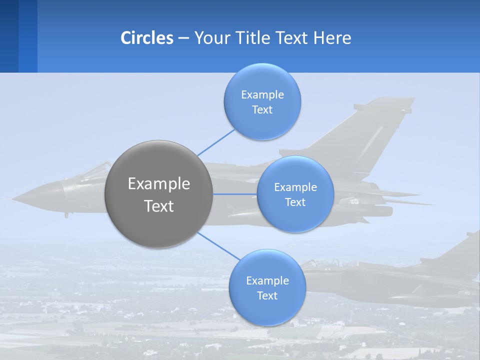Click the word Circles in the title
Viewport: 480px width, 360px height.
click(x=147, y=38)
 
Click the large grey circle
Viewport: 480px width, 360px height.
click(x=158, y=194)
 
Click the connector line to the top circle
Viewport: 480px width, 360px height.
click(x=216, y=142)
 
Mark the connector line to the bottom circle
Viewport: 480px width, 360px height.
click(x=218, y=246)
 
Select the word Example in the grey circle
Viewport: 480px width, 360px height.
click(x=158, y=184)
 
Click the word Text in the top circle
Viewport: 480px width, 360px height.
click(x=262, y=109)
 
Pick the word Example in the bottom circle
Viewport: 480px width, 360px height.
click(x=267, y=280)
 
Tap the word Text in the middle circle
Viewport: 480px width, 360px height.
click(x=295, y=202)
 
